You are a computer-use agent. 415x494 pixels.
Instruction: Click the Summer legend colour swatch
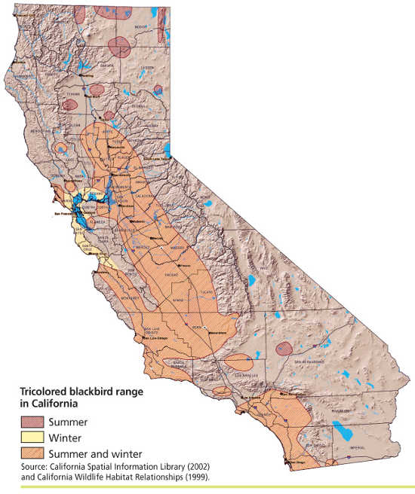[32, 422]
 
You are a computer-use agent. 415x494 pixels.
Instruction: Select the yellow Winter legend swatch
[32, 438]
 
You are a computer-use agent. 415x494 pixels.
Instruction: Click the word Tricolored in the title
[44, 393]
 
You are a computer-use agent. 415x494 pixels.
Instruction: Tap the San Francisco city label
[65, 213]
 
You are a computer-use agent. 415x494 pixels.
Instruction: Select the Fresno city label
[184, 266]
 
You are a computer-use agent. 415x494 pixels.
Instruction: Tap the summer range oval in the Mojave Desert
[284, 348]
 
